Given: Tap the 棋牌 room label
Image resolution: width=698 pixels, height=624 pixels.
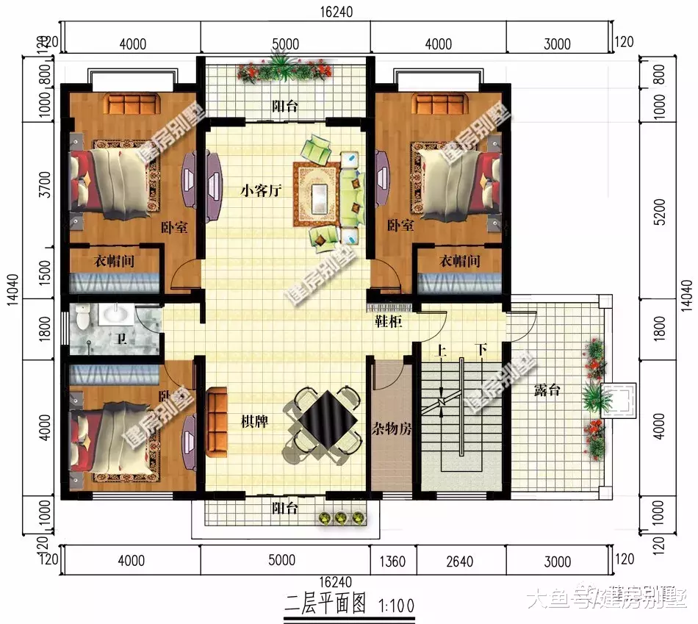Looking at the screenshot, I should pyautogui.click(x=254, y=422).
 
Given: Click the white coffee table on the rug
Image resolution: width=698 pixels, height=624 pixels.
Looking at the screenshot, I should pyautogui.click(x=320, y=197).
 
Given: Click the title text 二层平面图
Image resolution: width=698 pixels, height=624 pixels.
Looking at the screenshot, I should pyautogui.click(x=325, y=604).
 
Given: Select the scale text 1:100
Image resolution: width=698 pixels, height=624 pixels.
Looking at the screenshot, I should pyautogui.click(x=397, y=606).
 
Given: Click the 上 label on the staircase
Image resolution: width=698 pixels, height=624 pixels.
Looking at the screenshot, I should pyautogui.click(x=441, y=350).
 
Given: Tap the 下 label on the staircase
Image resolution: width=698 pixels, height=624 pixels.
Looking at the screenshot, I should pyautogui.click(x=481, y=350).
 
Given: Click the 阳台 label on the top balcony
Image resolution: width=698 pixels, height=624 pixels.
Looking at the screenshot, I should pyautogui.click(x=285, y=107).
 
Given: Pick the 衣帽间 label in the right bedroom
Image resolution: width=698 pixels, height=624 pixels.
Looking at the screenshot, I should pyautogui.click(x=459, y=261).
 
